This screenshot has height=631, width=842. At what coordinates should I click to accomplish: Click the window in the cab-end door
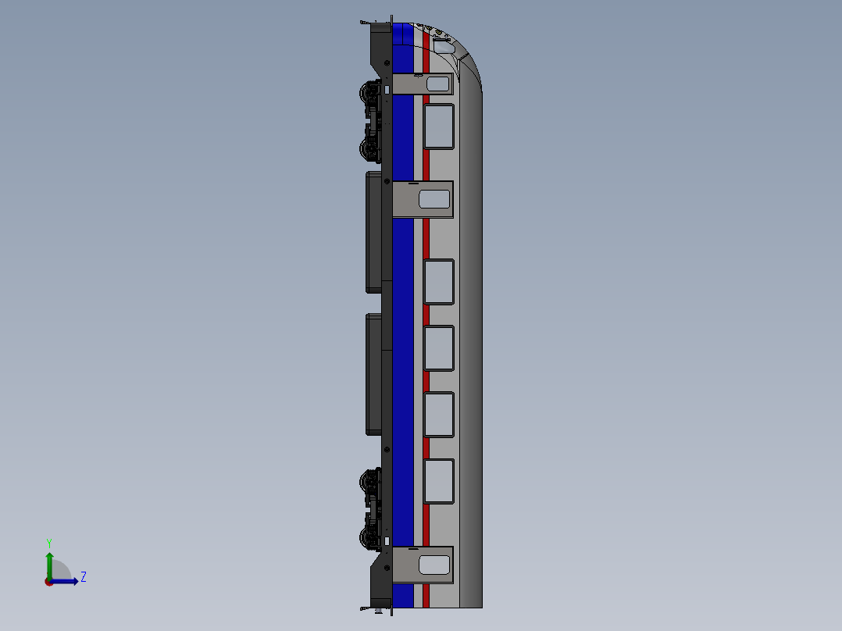pos(437,84)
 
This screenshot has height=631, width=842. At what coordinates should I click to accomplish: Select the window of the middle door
pos(434,199)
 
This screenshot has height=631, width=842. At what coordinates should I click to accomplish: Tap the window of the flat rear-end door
pos(434,565)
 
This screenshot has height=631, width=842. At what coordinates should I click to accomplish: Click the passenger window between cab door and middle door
pos(439,126)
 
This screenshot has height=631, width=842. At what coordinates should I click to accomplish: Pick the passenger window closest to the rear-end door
pos(439,481)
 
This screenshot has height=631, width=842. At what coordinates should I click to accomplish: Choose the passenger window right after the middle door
pos(439,281)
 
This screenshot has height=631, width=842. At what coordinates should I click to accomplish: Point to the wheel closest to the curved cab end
pos(367,93)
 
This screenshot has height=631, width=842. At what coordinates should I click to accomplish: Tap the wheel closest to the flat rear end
pos(367,537)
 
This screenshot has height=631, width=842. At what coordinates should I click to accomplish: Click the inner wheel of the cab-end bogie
pos(367,148)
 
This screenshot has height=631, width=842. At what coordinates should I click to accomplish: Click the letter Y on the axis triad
pos(49,542)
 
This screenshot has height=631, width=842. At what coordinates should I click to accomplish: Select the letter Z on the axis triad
pos(84,577)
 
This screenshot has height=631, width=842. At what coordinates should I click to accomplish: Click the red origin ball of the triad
pos(49,582)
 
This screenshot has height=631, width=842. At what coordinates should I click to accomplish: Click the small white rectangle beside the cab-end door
pos(387,90)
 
